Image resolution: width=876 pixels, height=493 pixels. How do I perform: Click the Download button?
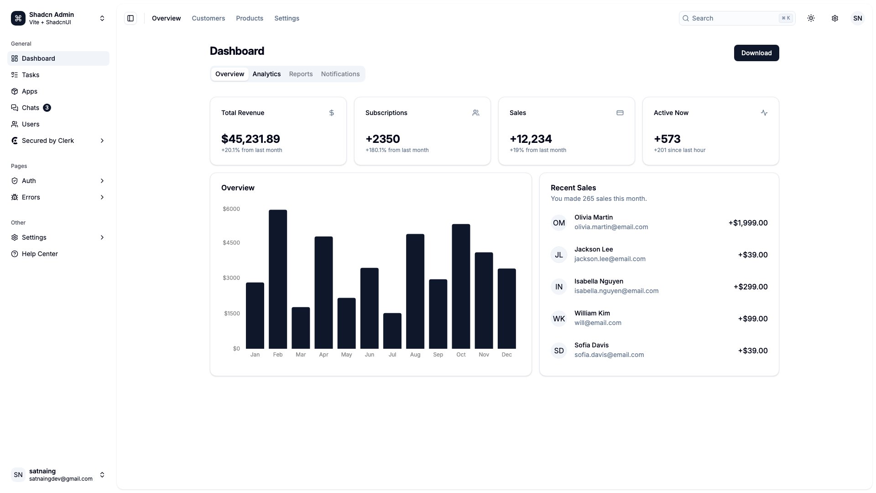coord(756,53)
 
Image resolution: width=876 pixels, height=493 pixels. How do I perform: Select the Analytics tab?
coord(266,74)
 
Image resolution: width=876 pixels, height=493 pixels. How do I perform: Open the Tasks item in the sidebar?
coord(31,75)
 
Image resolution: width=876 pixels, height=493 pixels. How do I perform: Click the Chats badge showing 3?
coord(47,108)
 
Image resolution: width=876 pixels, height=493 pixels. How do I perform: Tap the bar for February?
coord(277,279)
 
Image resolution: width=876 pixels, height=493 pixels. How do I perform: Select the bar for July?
coord(392,330)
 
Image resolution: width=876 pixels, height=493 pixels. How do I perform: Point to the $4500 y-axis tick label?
coord(231,243)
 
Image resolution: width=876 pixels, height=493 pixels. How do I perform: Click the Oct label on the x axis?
coord(461,355)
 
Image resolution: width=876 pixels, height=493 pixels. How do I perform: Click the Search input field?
coord(732,18)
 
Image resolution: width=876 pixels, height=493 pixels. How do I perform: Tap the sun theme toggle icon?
coord(811,18)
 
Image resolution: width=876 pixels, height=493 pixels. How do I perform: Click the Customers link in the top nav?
coord(208,18)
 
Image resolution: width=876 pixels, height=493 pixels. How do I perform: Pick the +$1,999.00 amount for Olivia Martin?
coord(748,223)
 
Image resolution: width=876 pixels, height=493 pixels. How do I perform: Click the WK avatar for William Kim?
coord(558,319)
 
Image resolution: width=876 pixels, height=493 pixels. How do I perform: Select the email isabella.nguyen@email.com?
coord(616,291)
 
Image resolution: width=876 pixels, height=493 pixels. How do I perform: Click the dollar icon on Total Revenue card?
coord(332,113)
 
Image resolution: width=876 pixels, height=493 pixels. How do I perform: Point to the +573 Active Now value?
coord(667,139)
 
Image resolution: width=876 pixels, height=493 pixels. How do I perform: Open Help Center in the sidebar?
coord(40,254)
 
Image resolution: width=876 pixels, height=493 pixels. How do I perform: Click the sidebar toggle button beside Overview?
coord(130,18)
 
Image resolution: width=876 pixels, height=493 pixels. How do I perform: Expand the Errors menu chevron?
coord(102,197)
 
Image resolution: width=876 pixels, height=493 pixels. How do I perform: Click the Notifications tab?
coord(340,74)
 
